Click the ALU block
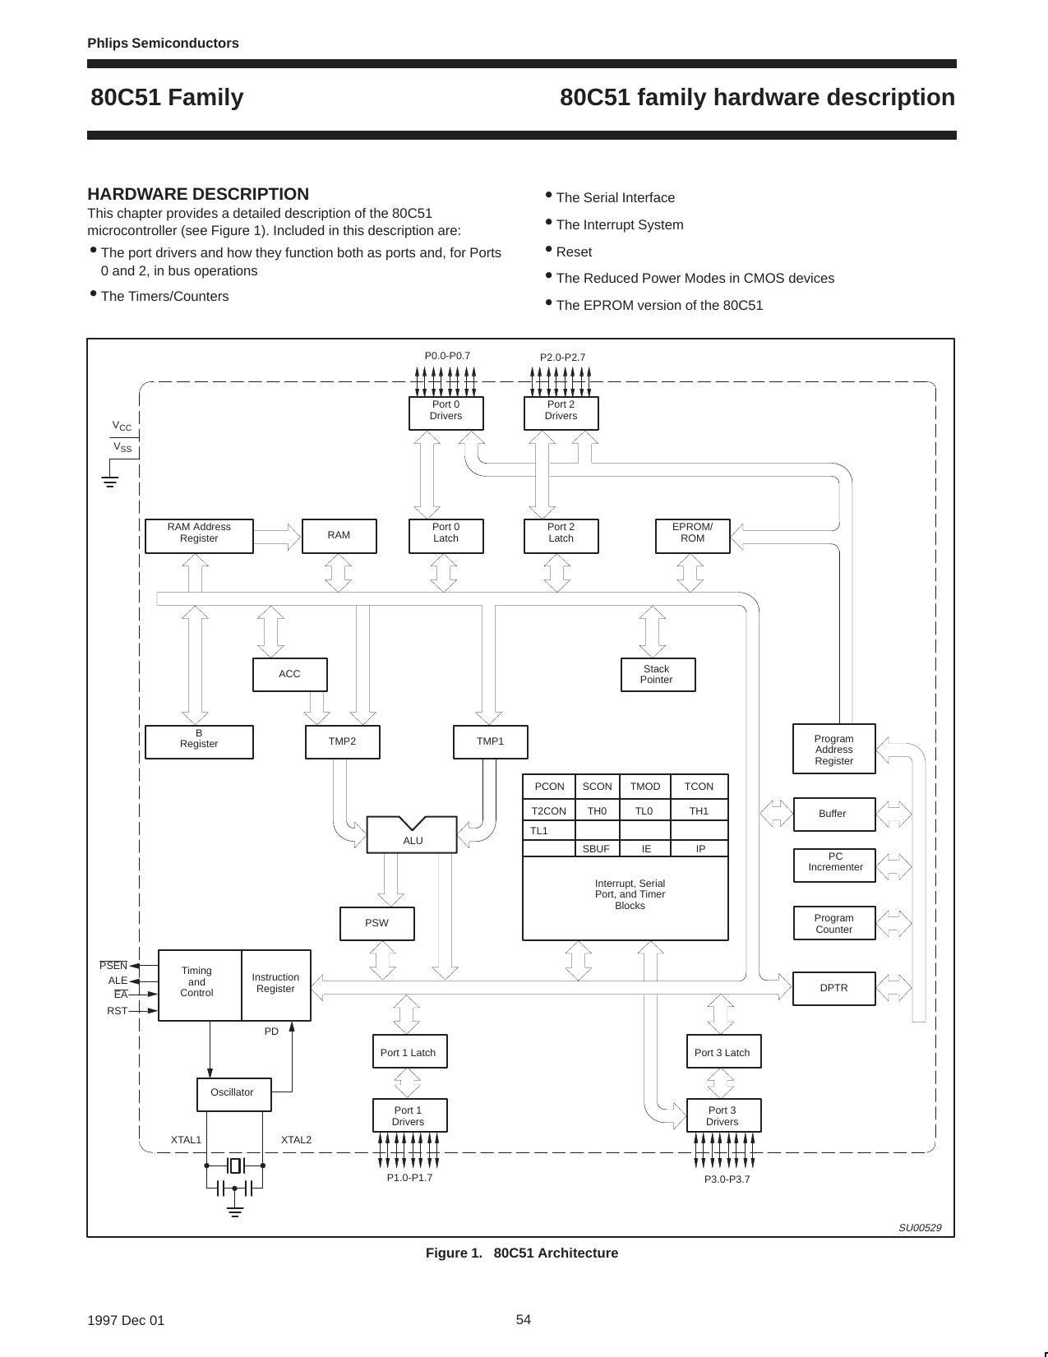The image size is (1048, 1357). pos(412,838)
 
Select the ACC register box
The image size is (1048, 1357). pos(289,674)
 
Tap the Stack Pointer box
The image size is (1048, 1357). pos(657,674)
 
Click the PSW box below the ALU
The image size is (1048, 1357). pos(376,923)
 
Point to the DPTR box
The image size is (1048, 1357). pos(833,988)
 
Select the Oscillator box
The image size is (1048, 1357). pos(233,1093)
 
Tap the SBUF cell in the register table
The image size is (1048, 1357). pos(596,848)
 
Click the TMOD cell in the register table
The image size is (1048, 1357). pos(644,787)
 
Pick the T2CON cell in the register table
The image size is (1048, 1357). pos(548,811)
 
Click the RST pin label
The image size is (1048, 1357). pos(117,1011)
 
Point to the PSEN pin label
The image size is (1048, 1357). pos(113,966)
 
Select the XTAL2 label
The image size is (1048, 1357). pos(296,1140)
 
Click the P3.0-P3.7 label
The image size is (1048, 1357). pos(727,1179)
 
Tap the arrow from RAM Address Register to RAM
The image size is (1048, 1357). pos(277,537)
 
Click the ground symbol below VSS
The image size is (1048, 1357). pos(109,482)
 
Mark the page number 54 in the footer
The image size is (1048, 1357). pos(524,1319)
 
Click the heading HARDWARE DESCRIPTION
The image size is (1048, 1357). pos(198,194)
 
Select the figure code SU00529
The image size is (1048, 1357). pos(919,1228)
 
